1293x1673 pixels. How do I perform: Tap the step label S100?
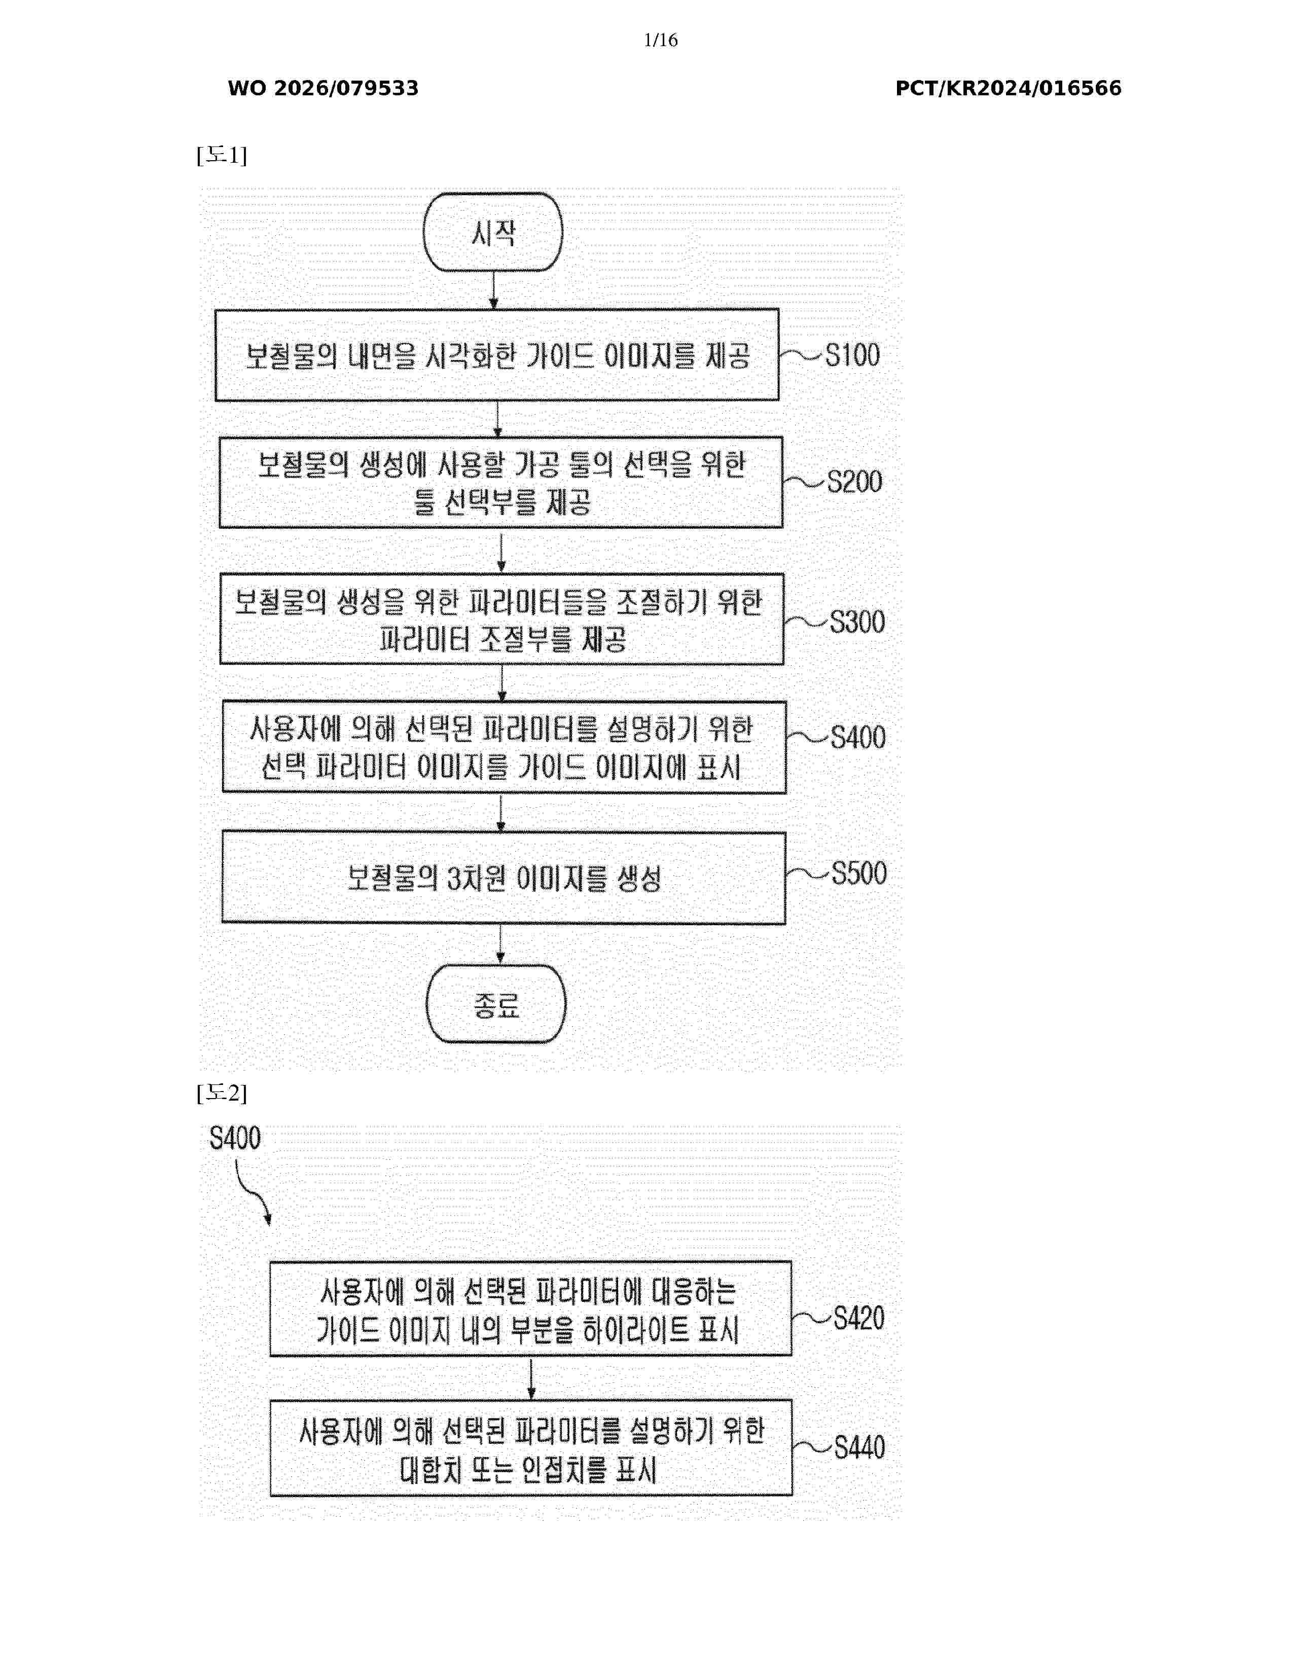click(852, 355)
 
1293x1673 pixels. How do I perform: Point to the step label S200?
click(854, 481)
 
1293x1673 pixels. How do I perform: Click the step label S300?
click(857, 621)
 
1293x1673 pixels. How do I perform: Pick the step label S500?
click(858, 874)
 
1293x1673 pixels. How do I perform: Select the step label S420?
click(858, 1318)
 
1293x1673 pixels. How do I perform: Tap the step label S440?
click(858, 1447)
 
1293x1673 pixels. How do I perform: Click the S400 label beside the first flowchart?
click(858, 737)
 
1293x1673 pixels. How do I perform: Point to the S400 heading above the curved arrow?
click(235, 1138)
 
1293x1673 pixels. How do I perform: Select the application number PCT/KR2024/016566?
click(1008, 88)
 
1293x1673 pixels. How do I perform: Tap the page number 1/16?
click(660, 40)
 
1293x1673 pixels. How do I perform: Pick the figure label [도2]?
click(222, 1093)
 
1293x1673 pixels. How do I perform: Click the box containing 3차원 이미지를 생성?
click(504, 878)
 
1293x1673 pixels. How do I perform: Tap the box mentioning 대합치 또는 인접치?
click(531, 1448)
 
